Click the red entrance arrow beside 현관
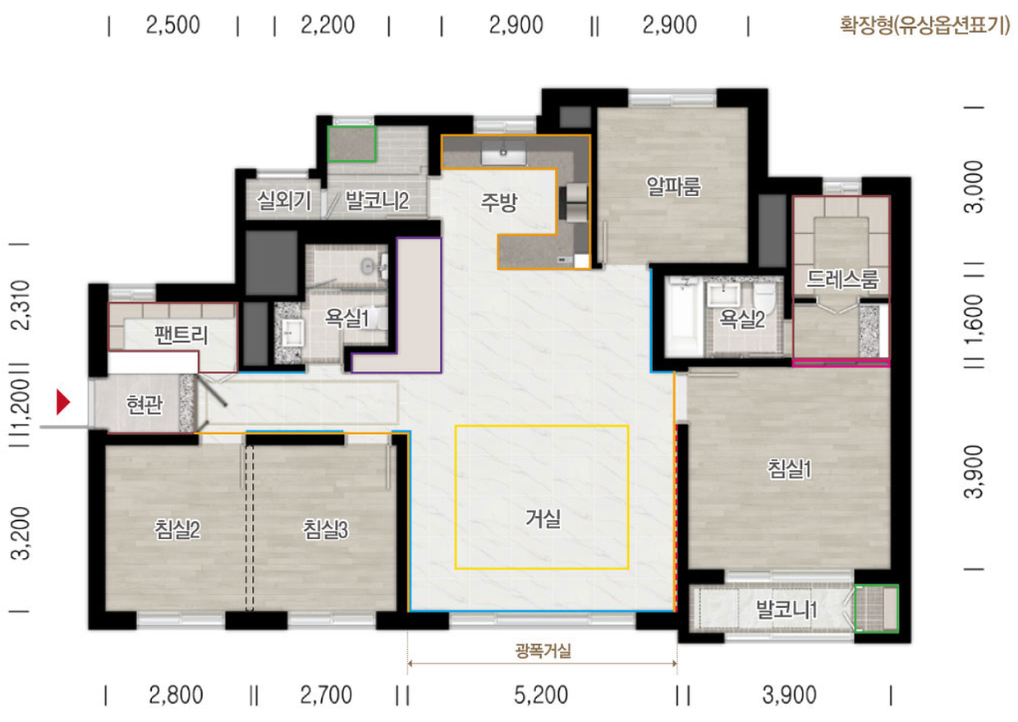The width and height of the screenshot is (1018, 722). point(62,401)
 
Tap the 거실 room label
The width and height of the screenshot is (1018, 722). point(543,518)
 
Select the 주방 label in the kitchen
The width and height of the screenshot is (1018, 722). point(499,203)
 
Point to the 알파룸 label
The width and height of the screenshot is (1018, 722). point(673,186)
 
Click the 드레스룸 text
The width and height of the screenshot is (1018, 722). point(842,279)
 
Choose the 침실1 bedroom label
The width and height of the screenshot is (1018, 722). point(790,468)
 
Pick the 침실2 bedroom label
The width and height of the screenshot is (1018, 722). point(177,529)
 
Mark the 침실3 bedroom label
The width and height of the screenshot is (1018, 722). point(325,529)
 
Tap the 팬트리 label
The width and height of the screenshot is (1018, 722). point(181,335)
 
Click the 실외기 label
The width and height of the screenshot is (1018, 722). point(284,200)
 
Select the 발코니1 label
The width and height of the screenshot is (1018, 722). point(786,609)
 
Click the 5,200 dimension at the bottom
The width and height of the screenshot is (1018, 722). point(541,695)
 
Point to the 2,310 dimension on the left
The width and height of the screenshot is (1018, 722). point(21,304)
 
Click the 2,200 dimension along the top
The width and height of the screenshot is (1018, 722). point(328,25)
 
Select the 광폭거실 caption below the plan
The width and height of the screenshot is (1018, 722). point(543,651)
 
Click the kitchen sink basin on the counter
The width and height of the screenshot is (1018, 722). point(503,153)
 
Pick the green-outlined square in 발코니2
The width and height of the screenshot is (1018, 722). point(351,144)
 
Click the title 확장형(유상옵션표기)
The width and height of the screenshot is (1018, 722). point(924,25)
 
